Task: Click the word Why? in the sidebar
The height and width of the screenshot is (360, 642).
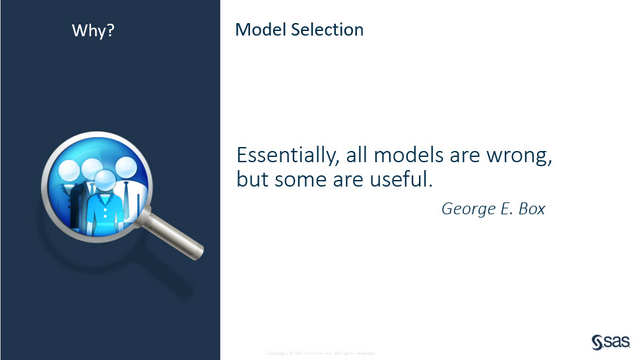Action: pyautogui.click(x=92, y=31)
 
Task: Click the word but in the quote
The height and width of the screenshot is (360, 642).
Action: pyautogui.click(x=251, y=179)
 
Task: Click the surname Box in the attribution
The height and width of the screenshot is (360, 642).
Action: pyautogui.click(x=532, y=208)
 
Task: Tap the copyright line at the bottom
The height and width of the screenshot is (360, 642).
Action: pyautogui.click(x=321, y=353)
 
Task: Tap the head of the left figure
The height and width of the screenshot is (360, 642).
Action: pyautogui.click(x=70, y=171)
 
